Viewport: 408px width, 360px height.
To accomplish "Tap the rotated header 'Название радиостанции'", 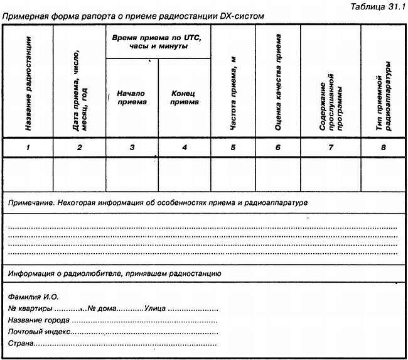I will [x=28, y=92].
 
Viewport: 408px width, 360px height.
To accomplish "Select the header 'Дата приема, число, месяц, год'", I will [x=79, y=95].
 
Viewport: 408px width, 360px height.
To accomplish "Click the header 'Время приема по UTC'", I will [x=158, y=42].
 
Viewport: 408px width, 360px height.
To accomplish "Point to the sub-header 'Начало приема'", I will [x=132, y=97].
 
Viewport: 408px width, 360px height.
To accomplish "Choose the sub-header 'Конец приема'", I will [x=184, y=97].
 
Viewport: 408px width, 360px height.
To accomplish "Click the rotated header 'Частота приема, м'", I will [x=233, y=100].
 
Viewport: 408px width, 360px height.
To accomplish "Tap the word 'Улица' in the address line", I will [x=154, y=308].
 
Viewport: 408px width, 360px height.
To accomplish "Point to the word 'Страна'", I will [x=20, y=344].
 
